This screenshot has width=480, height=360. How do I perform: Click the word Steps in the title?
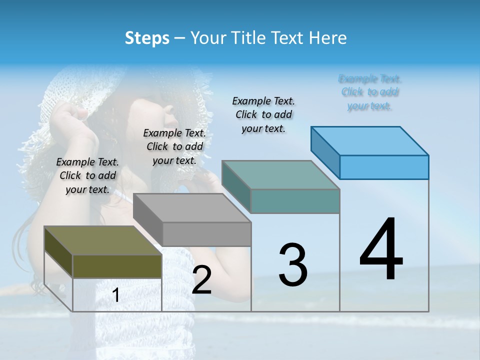coord(147,38)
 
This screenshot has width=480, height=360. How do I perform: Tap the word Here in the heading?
coord(327,38)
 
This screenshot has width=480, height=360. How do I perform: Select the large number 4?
coord(381,250)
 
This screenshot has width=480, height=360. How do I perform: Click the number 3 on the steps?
coord(292,265)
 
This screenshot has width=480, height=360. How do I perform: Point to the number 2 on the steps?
coord(201,280)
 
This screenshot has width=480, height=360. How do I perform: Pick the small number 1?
coord(116,295)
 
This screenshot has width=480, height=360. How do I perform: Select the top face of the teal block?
coord(280,175)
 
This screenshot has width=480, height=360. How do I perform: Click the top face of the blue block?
coord(369,141)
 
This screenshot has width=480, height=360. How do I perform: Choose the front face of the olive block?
coord(117,266)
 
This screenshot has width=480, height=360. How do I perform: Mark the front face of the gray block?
coord(206,234)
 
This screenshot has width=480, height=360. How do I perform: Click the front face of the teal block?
coord(295,201)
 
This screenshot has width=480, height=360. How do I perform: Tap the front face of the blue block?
coord(384,167)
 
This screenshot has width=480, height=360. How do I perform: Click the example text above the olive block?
coord(87,175)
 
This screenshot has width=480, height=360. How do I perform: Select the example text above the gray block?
coord(174,146)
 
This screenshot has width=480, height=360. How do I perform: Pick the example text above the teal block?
coord(263,114)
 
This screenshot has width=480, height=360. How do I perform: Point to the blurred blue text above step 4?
coord(370,92)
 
